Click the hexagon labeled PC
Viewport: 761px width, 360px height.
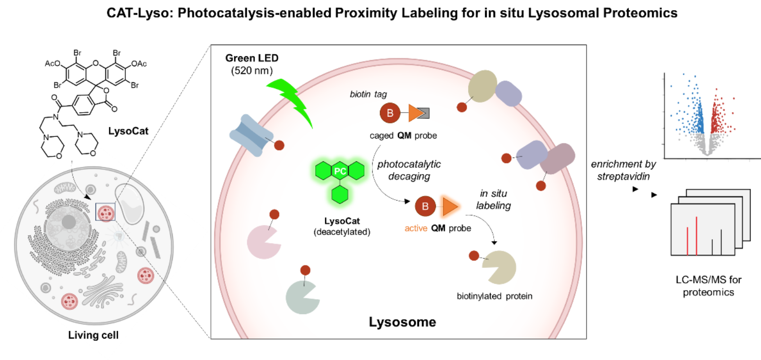340,171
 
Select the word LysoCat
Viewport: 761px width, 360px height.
342,221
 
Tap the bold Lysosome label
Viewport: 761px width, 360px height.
402,322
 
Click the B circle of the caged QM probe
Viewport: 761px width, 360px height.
390,113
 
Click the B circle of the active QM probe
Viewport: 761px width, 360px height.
425,206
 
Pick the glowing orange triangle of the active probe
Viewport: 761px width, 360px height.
450,206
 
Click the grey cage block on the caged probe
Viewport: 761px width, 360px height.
425,113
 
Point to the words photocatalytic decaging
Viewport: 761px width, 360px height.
409,170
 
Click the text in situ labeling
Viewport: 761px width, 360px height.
493,200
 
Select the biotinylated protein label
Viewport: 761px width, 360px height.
494,296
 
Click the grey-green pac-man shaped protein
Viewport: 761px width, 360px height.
301,298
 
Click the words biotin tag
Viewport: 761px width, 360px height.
368,94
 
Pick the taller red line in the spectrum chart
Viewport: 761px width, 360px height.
697,235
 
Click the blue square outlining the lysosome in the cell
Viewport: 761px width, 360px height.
106,212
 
